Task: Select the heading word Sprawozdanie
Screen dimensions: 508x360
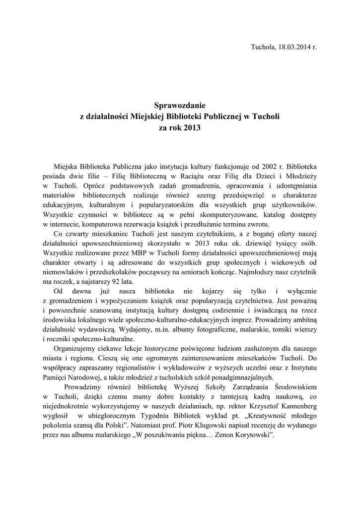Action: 180,105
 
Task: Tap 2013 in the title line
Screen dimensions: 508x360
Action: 193,127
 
